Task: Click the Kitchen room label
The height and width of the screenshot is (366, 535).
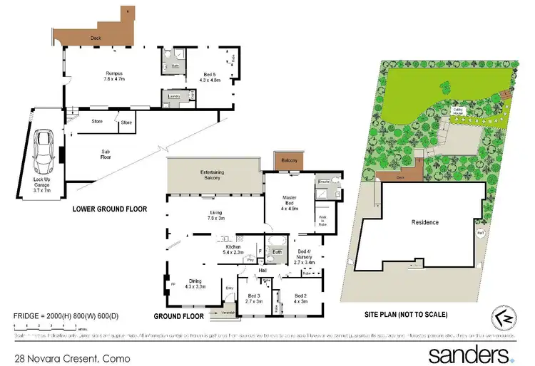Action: pos(234,249)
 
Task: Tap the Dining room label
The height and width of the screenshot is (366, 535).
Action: pos(195,283)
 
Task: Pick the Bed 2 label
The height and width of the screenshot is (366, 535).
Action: pos(300,299)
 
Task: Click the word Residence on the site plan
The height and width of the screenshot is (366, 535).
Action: pos(425,222)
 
